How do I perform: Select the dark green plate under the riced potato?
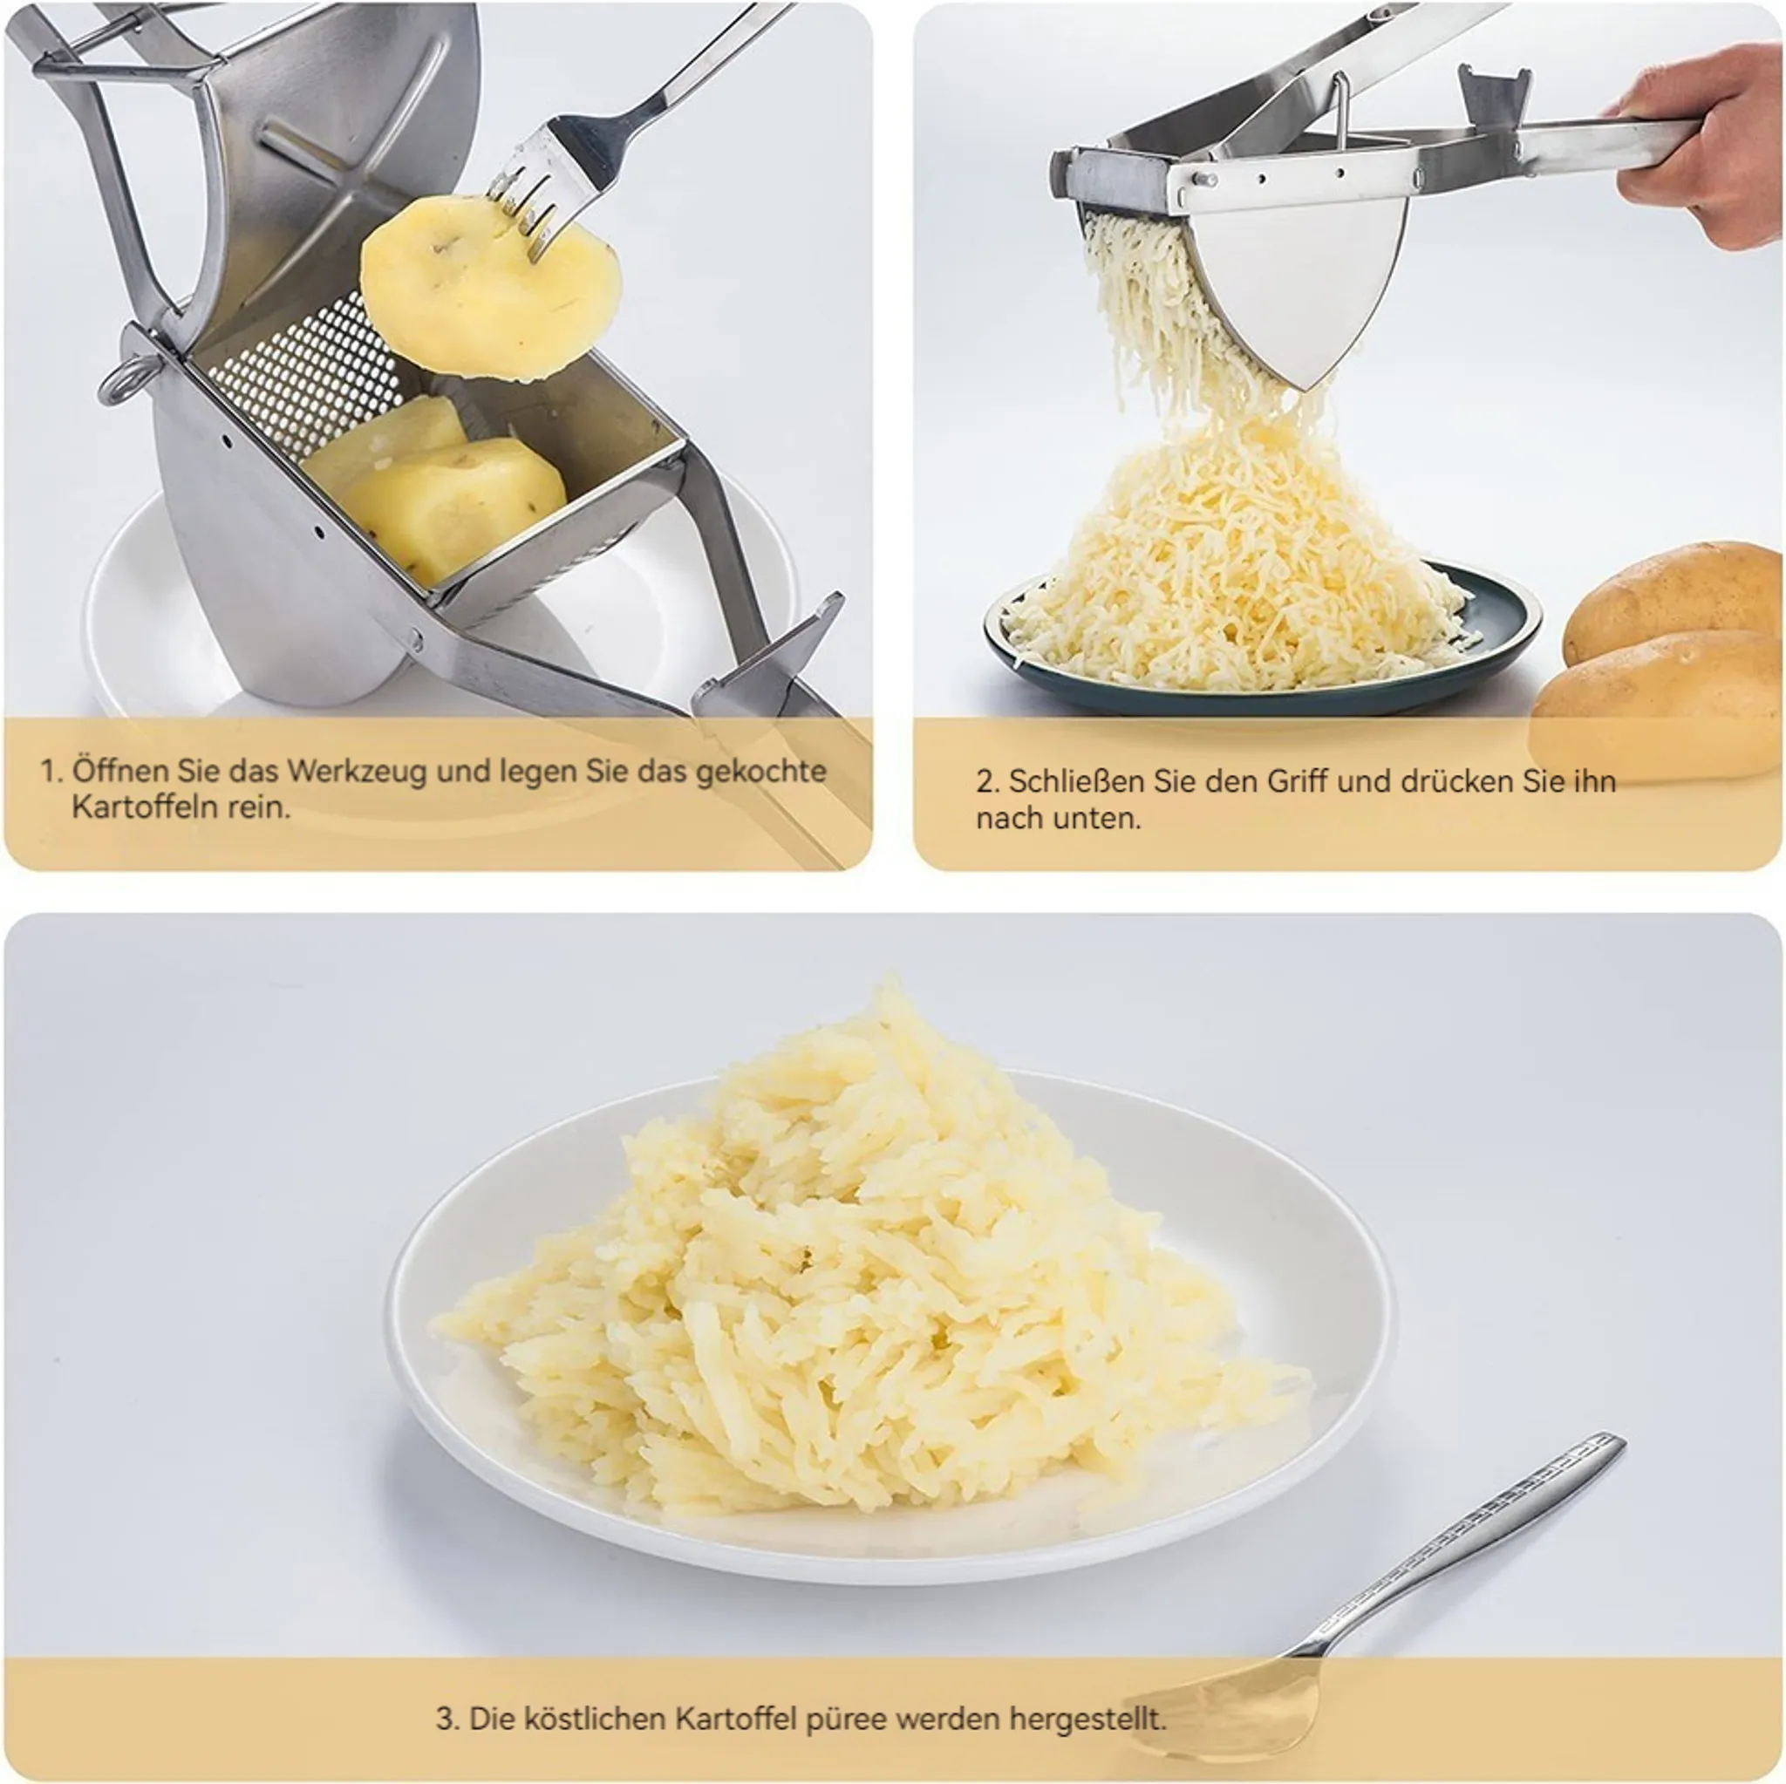coord(1263,647)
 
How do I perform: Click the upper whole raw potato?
coord(1674,602)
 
